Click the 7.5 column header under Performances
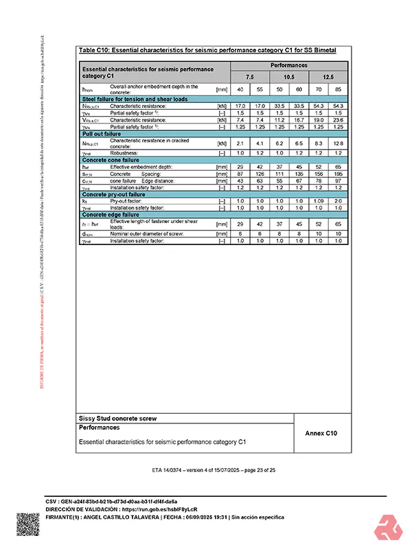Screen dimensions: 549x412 [250, 78]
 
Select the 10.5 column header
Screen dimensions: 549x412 [289, 78]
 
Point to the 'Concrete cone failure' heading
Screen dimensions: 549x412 [111, 159]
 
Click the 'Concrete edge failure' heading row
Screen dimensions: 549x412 [112, 214]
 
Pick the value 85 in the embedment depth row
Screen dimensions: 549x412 [339, 90]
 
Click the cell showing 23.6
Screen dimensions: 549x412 [339, 119]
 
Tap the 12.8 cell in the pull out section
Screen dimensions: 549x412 [339, 143]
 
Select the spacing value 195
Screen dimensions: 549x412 [339, 174]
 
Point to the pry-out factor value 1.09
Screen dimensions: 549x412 [319, 200]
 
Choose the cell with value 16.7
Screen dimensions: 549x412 [299, 119]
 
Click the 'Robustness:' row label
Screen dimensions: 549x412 [126, 153]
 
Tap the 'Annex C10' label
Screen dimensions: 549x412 [321, 433]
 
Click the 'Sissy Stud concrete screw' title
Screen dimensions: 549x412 [110, 417]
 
